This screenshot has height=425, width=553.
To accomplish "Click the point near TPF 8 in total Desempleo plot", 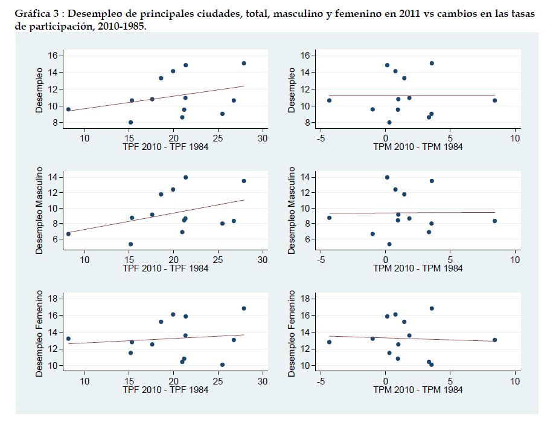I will (x=68, y=109).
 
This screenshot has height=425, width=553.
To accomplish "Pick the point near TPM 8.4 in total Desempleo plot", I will (x=494, y=100).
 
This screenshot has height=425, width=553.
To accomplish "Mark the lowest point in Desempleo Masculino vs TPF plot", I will (x=130, y=244).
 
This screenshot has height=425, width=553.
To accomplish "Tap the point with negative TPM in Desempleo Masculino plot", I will (x=329, y=218).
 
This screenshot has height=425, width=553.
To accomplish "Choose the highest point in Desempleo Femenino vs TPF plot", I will (x=244, y=308).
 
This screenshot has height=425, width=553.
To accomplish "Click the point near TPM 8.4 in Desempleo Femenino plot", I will (x=494, y=340).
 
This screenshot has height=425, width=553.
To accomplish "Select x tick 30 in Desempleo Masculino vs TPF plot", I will (x=263, y=260).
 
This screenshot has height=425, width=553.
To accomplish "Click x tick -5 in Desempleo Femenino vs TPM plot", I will (x=321, y=381).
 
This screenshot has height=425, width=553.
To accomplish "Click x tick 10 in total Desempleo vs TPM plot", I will (x=515, y=138).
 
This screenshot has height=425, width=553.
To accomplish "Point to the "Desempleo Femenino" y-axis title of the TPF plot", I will (x=39, y=334).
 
